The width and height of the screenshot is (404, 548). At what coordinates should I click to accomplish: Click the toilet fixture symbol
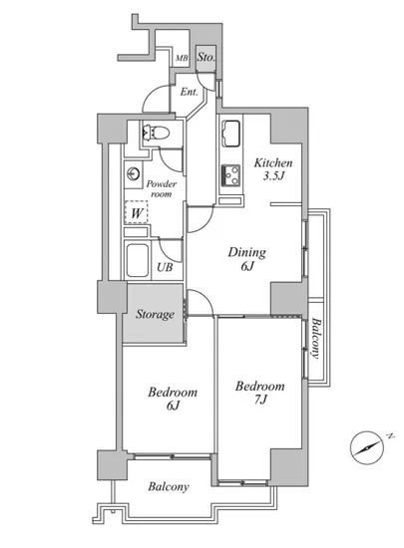click(156, 133)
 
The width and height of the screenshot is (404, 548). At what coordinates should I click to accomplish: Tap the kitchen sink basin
click(231, 134)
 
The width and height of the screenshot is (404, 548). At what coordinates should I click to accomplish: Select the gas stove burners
click(230, 175)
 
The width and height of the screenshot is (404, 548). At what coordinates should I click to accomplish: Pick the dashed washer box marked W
click(137, 212)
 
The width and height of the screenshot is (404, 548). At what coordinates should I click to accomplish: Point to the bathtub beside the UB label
click(137, 260)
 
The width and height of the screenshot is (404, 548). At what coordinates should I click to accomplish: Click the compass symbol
click(367, 447)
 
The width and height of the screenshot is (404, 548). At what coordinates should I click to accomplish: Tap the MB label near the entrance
click(182, 58)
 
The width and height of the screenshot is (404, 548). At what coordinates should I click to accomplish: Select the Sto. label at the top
click(205, 57)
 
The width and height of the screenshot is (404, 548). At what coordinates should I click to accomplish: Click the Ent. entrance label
click(190, 93)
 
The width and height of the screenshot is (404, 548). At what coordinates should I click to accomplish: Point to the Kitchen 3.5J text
click(273, 168)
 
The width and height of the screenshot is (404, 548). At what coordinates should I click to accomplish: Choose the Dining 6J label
click(247, 259)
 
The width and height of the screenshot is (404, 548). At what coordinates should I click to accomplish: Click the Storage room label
click(155, 314)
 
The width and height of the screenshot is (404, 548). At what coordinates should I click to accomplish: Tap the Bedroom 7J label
click(260, 393)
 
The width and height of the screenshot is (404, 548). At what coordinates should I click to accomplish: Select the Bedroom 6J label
click(173, 399)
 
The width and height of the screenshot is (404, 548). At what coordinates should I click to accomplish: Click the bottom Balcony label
click(169, 486)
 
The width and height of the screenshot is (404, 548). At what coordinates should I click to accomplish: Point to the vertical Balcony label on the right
click(315, 338)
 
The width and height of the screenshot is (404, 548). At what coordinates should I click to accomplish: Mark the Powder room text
click(162, 188)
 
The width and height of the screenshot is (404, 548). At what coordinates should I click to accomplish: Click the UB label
click(165, 267)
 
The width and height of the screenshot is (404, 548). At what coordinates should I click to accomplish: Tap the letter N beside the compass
click(390, 436)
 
